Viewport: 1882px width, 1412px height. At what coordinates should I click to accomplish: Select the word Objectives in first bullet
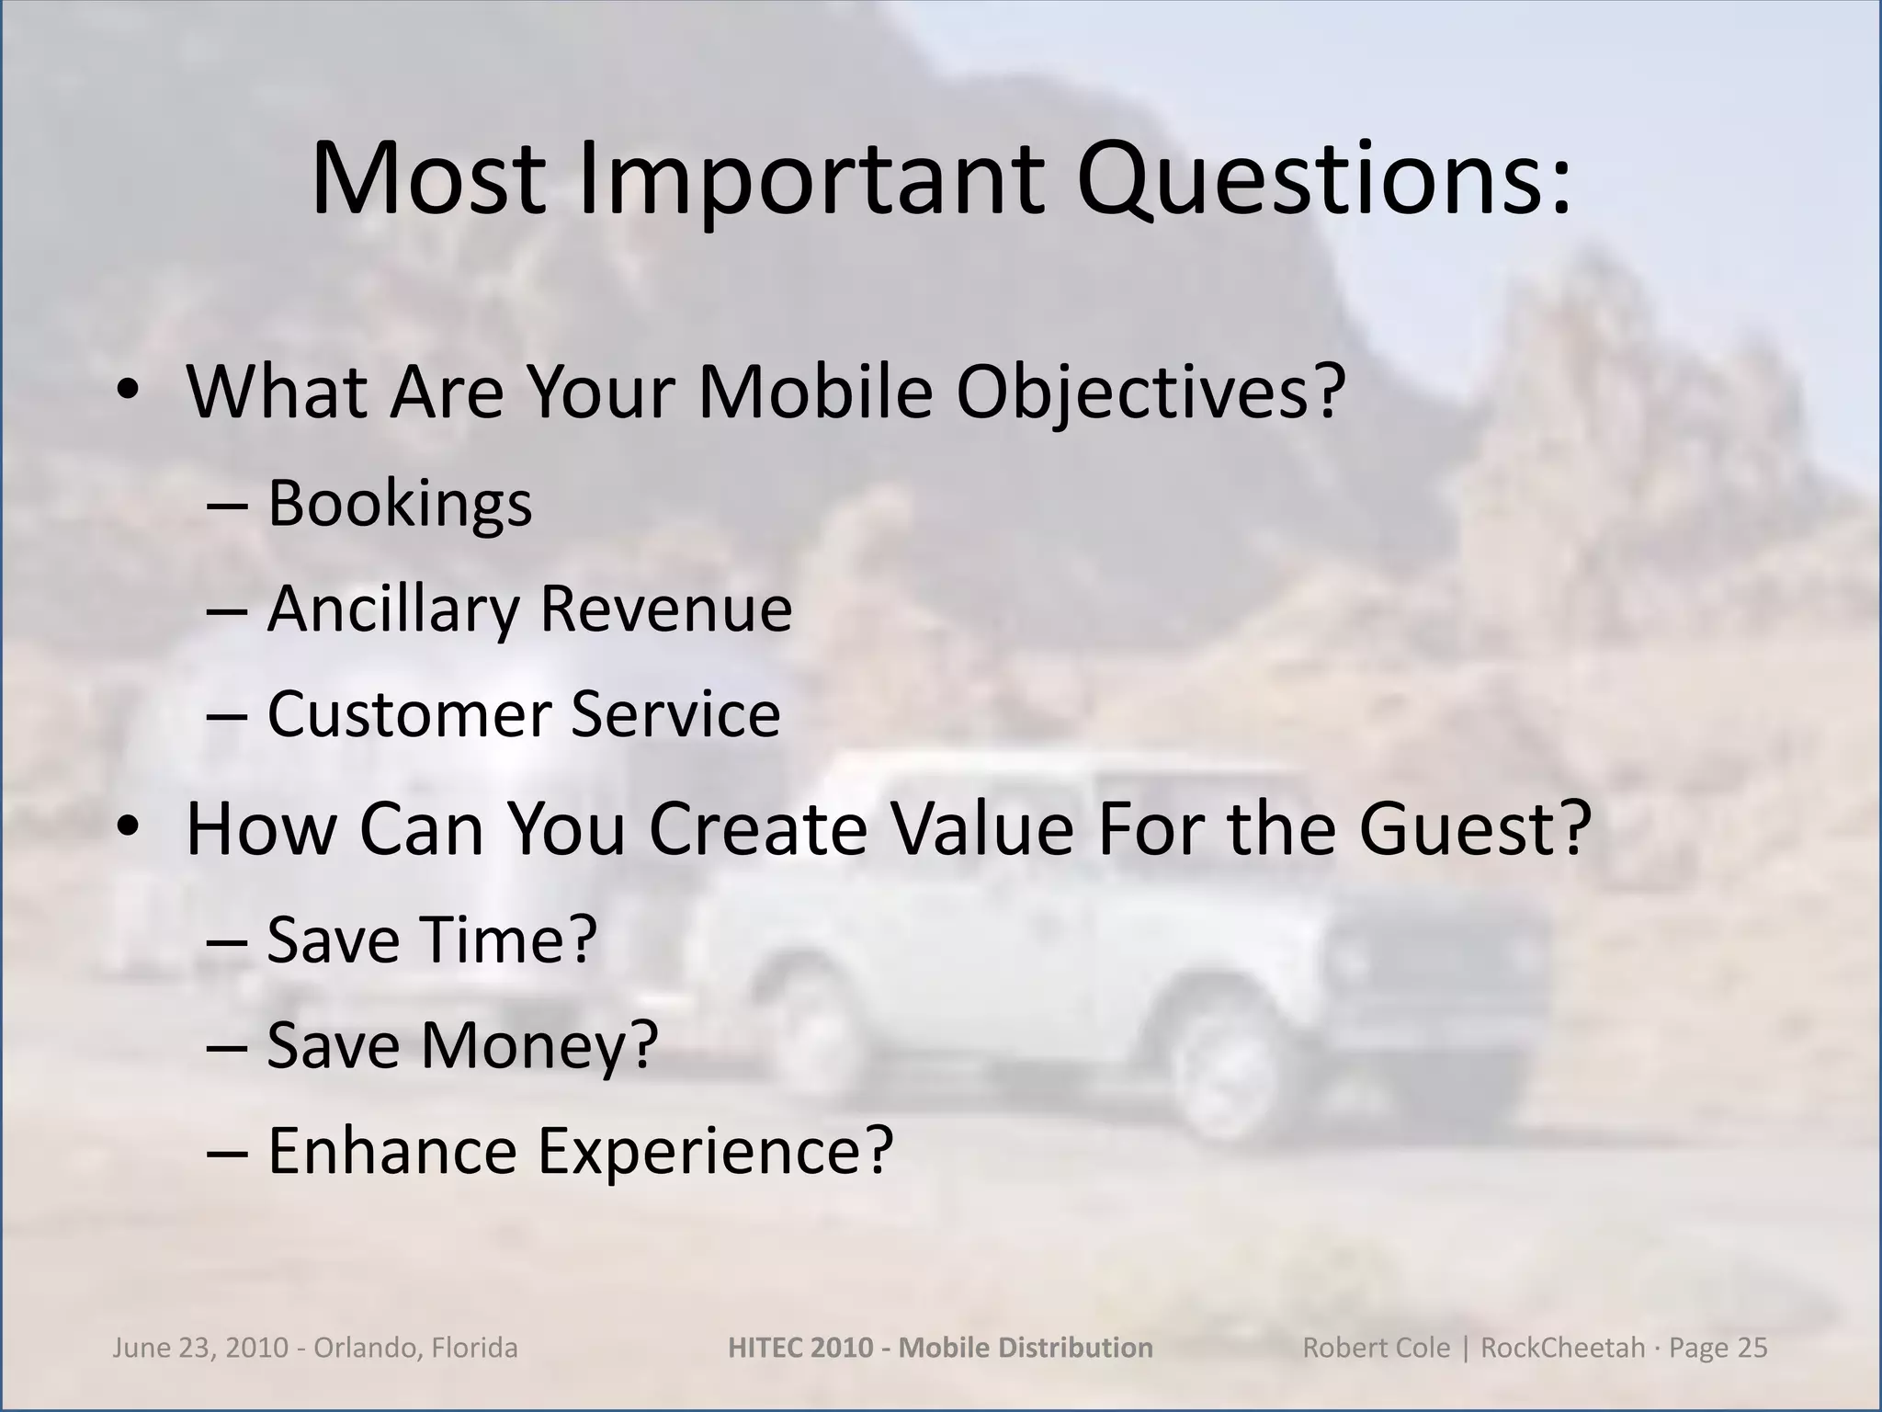1150,393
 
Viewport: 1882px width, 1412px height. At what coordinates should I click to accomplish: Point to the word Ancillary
392,609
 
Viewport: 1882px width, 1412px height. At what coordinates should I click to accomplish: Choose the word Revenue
665,609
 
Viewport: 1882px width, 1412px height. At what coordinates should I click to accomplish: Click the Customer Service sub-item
523,714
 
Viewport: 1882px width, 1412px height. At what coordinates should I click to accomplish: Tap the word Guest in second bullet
1473,828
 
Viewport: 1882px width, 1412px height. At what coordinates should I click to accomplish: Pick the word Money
539,1045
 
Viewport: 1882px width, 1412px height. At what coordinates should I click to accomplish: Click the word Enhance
392,1151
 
